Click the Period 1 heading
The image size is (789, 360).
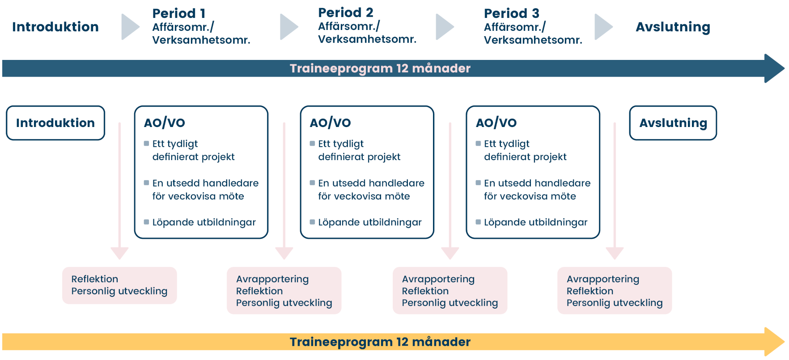point(178,13)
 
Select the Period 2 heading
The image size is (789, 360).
point(345,13)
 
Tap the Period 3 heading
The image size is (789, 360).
point(511,13)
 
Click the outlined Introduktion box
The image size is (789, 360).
point(55,123)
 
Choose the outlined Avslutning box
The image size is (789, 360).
point(673,123)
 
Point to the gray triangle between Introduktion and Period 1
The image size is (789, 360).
point(130,27)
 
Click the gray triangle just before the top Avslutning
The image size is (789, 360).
point(603,27)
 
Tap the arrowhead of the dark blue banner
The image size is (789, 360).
point(774,68)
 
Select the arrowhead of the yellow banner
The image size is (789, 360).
point(774,342)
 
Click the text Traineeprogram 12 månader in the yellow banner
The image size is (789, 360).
point(380,342)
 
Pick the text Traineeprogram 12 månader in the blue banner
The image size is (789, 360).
point(380,68)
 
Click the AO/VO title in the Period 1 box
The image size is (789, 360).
point(165,123)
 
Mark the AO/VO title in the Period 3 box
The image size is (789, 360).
point(496,123)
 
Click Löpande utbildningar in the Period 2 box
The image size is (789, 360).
point(370,222)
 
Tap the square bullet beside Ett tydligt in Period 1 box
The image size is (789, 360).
point(146,144)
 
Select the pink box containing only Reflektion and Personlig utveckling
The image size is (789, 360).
point(119,285)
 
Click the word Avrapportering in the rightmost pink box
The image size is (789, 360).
point(603,279)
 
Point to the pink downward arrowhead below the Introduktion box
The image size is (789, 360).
point(119,254)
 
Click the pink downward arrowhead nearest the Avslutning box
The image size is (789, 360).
point(615,254)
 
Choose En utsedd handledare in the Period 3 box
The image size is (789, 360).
point(537,183)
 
